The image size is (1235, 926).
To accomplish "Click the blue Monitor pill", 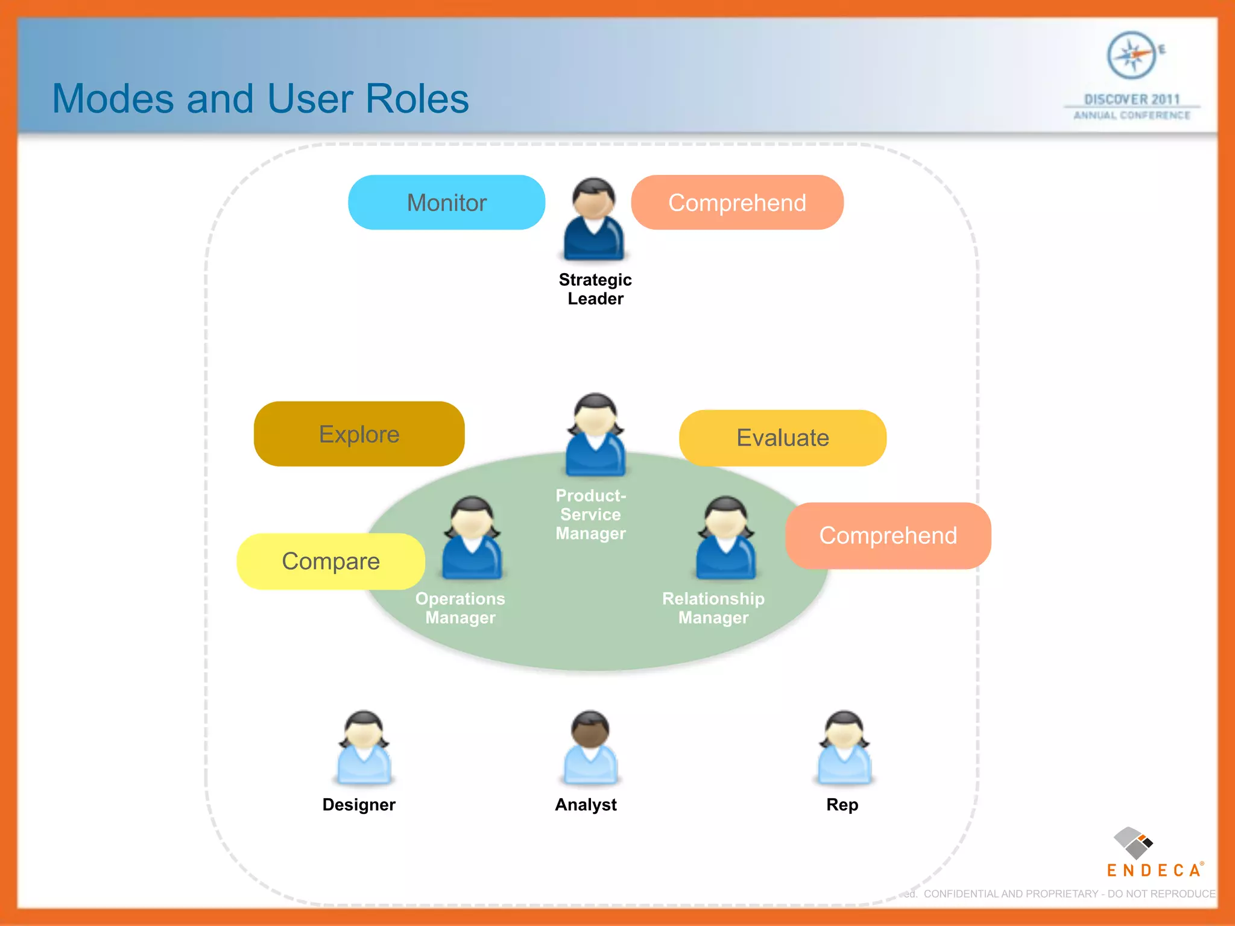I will point(446,203).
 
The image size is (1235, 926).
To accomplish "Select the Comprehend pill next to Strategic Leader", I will point(737,203).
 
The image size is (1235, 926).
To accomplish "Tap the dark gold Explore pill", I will point(359,434).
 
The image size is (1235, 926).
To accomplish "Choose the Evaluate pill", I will point(782,438).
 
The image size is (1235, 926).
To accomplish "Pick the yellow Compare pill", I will point(330,561).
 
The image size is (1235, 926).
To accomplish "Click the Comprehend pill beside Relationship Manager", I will point(888,535).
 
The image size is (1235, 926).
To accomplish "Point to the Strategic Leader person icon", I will point(594,219).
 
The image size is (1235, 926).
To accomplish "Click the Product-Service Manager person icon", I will point(595,435).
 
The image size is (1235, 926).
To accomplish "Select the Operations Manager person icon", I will point(472,538).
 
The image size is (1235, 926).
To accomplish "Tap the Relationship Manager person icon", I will point(725,538).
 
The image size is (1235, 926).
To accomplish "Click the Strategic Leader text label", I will point(595,289).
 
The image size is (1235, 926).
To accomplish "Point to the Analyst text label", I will point(586,805).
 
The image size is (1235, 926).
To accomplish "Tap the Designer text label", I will point(359,805).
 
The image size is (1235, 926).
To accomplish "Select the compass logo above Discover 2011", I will point(1132,55).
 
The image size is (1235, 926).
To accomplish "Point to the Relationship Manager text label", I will point(713,608).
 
